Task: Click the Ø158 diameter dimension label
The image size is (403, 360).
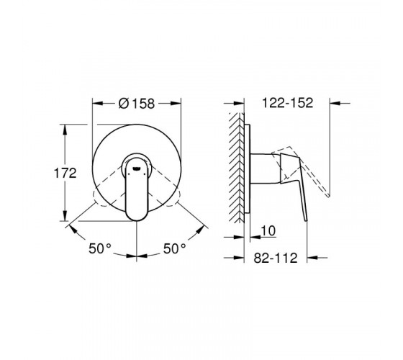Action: (137, 104)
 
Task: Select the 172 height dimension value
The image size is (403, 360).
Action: (65, 173)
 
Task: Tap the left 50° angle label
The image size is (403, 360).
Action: (100, 248)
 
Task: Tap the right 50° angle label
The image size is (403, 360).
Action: (174, 248)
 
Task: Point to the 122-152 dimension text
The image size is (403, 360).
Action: (288, 103)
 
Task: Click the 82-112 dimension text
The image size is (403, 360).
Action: (276, 258)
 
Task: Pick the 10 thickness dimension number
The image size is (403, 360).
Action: (268, 230)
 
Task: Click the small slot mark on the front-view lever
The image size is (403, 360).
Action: (137, 168)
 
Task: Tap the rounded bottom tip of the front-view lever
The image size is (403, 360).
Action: (137, 219)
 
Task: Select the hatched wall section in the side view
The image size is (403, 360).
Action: (236, 168)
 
